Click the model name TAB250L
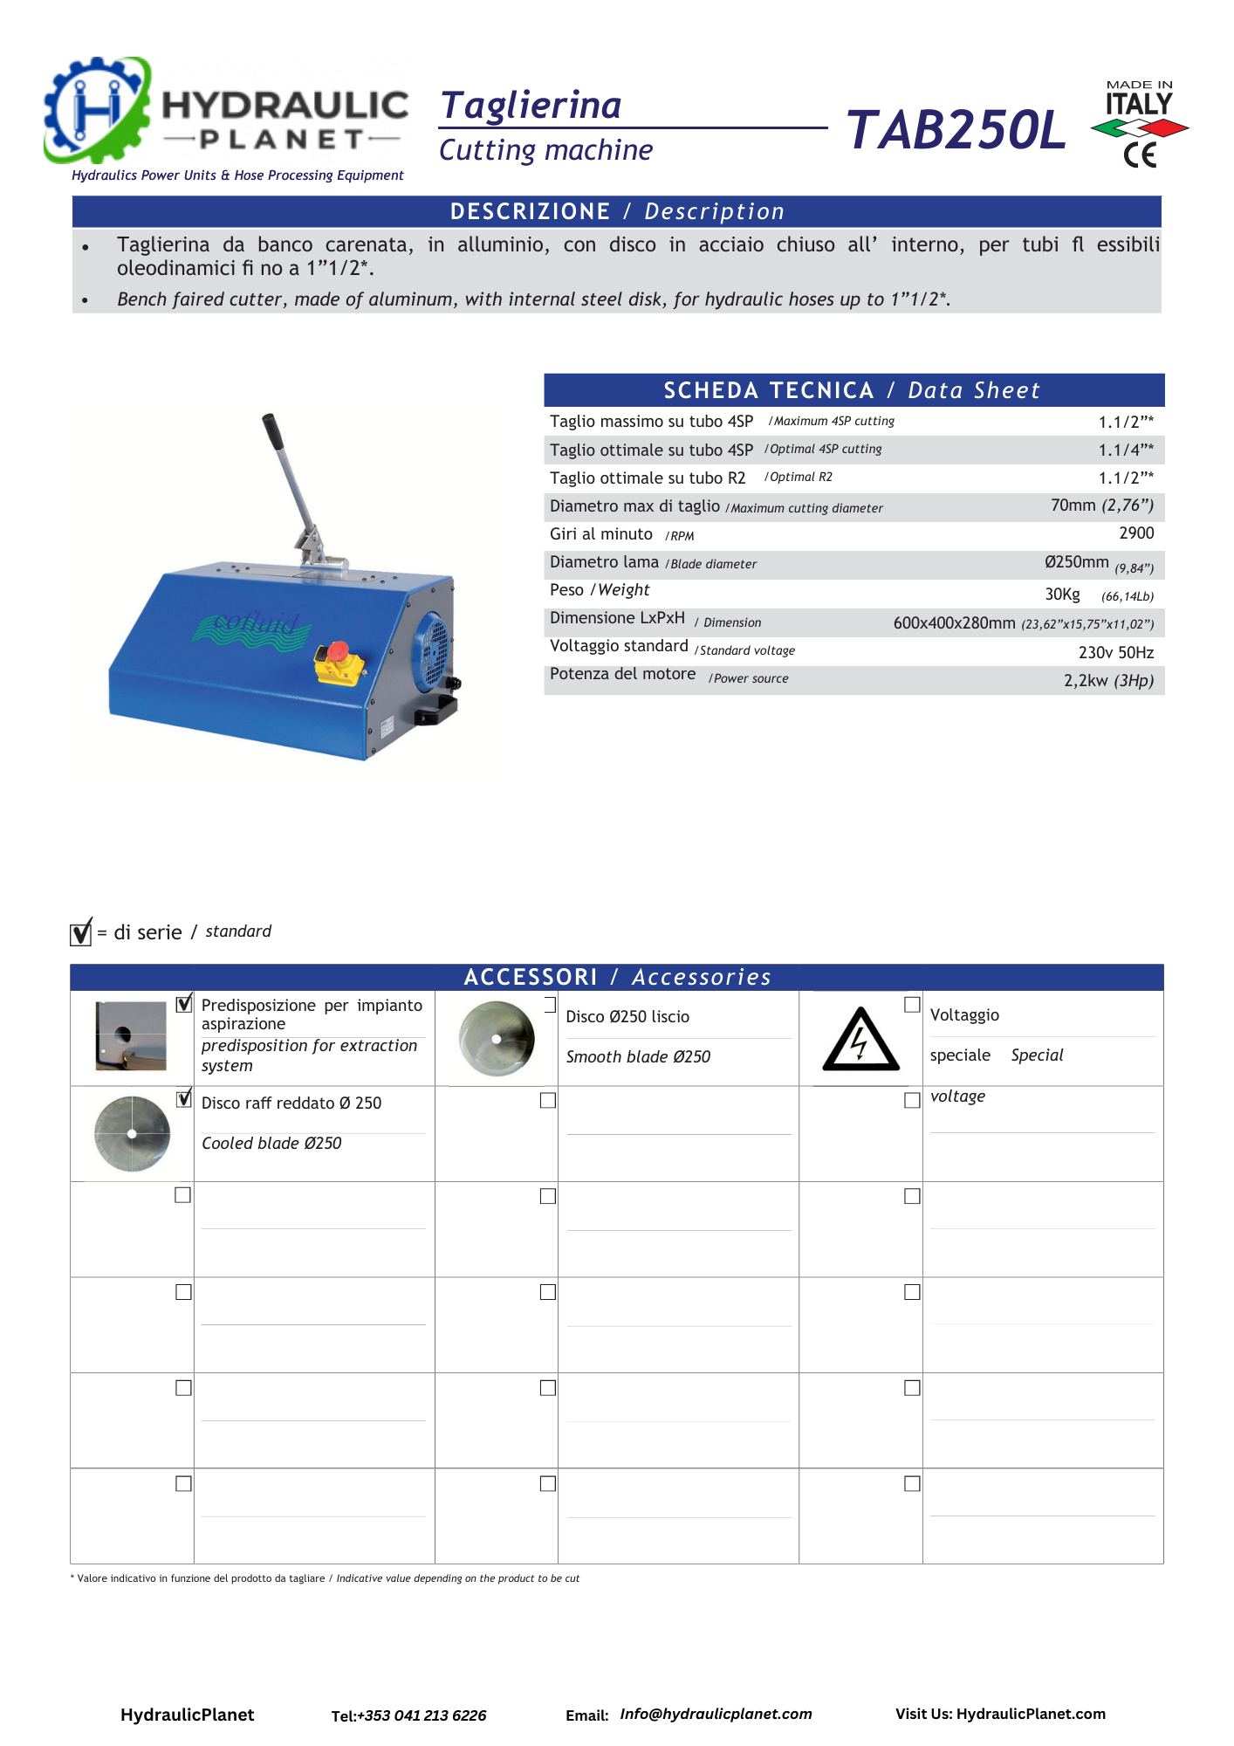956,130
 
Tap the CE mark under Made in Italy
1140,155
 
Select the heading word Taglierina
531,105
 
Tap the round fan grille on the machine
433,645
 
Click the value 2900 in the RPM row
1136,533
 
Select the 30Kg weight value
1062,595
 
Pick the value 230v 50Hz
1115,653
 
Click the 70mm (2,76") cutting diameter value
1101,505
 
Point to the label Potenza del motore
622,674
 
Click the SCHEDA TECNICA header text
768,390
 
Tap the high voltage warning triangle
860,1041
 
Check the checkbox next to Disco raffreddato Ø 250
183,1099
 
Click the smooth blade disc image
497,1039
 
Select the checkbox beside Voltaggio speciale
912,1005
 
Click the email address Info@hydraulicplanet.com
716,1714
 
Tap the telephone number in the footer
422,1715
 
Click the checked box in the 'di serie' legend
80,932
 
